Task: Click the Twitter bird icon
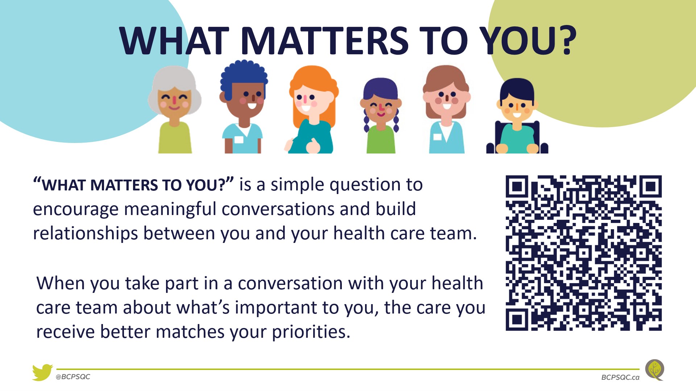click(x=42, y=373)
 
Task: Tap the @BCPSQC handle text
click(x=73, y=377)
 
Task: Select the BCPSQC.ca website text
click(x=620, y=377)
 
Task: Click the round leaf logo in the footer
click(x=655, y=370)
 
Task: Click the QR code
click(x=584, y=253)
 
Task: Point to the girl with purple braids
click(x=381, y=115)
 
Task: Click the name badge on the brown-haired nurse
click(x=437, y=137)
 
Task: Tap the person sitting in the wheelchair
click(x=517, y=116)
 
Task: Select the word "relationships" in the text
click(x=86, y=234)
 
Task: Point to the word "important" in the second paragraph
click(x=276, y=308)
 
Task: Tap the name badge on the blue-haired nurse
click(x=239, y=139)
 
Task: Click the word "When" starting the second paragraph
click(x=61, y=283)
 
